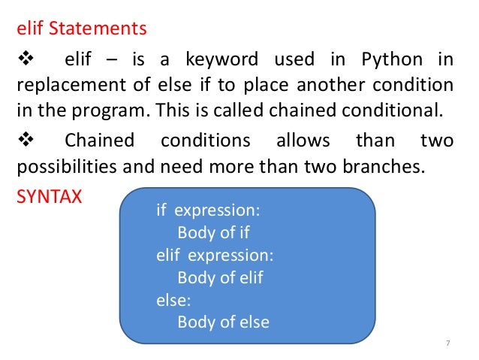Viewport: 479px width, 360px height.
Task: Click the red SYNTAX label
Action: coord(49,197)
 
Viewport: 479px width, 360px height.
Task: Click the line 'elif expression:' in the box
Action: coord(215,255)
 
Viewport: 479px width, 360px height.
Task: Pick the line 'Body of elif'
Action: coord(221,277)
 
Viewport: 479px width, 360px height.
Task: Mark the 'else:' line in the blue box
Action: coord(173,300)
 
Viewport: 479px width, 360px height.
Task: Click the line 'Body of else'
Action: coord(223,322)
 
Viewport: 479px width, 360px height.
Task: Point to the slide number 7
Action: coord(447,343)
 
